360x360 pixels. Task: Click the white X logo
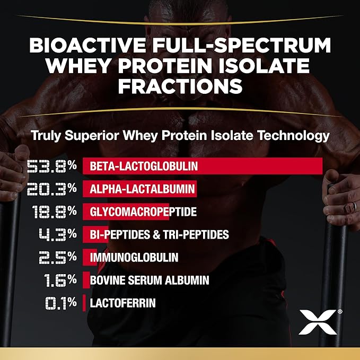[x=317, y=321]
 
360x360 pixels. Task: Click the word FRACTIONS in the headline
[x=180, y=85]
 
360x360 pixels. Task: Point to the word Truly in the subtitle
[x=46, y=136]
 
